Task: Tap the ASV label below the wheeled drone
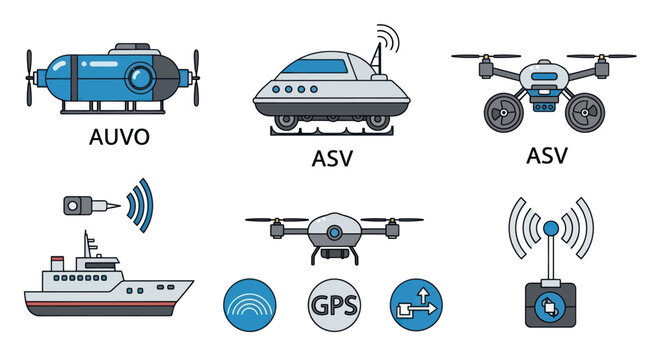pyautogui.click(x=546, y=156)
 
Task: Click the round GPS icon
pyautogui.click(x=335, y=304)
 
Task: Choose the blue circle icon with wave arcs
pyautogui.click(x=250, y=304)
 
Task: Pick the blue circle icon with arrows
pyautogui.click(x=416, y=304)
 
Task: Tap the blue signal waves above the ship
pyautogui.click(x=140, y=204)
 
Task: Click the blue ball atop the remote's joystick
pyautogui.click(x=549, y=229)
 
